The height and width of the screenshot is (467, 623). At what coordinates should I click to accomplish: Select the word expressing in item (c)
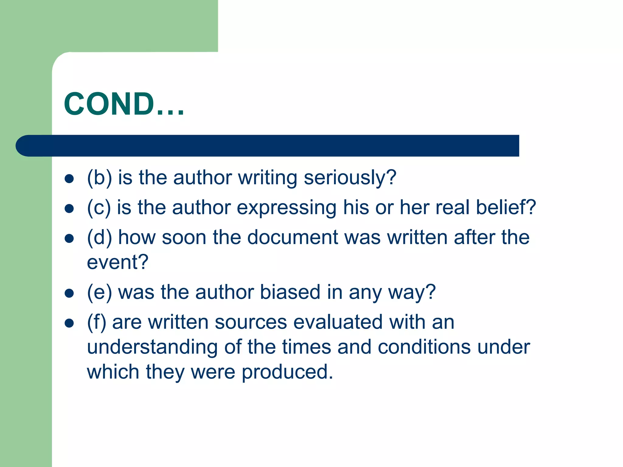(x=287, y=208)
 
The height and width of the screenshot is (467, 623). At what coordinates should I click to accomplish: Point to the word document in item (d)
(x=292, y=237)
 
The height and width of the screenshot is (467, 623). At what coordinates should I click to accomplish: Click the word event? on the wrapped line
(x=117, y=262)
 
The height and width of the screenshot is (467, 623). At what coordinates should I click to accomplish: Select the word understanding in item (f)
(x=152, y=347)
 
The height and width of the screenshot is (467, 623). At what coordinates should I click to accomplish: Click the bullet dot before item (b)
(x=69, y=179)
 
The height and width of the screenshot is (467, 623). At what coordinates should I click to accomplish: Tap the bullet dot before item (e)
(x=69, y=293)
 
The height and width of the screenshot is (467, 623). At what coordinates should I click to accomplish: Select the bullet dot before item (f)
(x=69, y=323)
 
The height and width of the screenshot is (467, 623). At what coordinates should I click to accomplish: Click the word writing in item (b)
(x=267, y=178)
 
